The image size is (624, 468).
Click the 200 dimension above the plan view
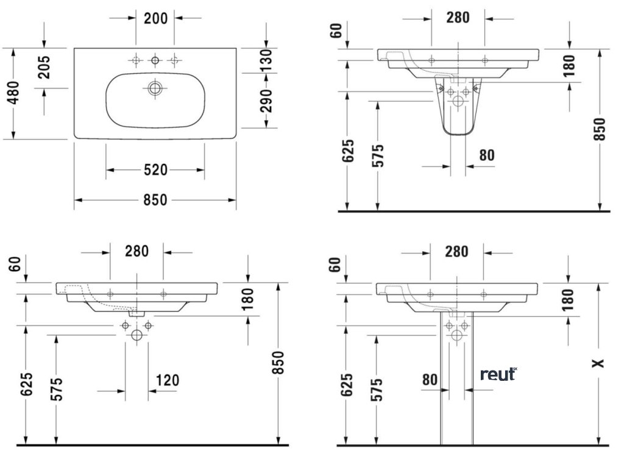click(155, 18)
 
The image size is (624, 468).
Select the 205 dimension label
click(43, 68)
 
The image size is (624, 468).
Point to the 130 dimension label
click(266, 59)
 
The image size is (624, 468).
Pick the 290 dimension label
click(266, 101)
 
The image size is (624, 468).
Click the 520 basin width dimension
click(155, 170)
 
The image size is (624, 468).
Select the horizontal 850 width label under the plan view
click(155, 200)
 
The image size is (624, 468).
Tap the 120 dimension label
click(167, 381)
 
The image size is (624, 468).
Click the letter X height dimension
click(600, 363)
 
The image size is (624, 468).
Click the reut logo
click(498, 374)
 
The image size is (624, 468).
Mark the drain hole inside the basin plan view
click(155, 88)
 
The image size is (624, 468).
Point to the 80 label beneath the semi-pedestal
click(486, 155)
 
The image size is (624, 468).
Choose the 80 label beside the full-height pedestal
click(430, 380)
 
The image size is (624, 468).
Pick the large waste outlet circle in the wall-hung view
click(136, 335)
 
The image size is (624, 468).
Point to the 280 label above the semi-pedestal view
click(458, 18)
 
